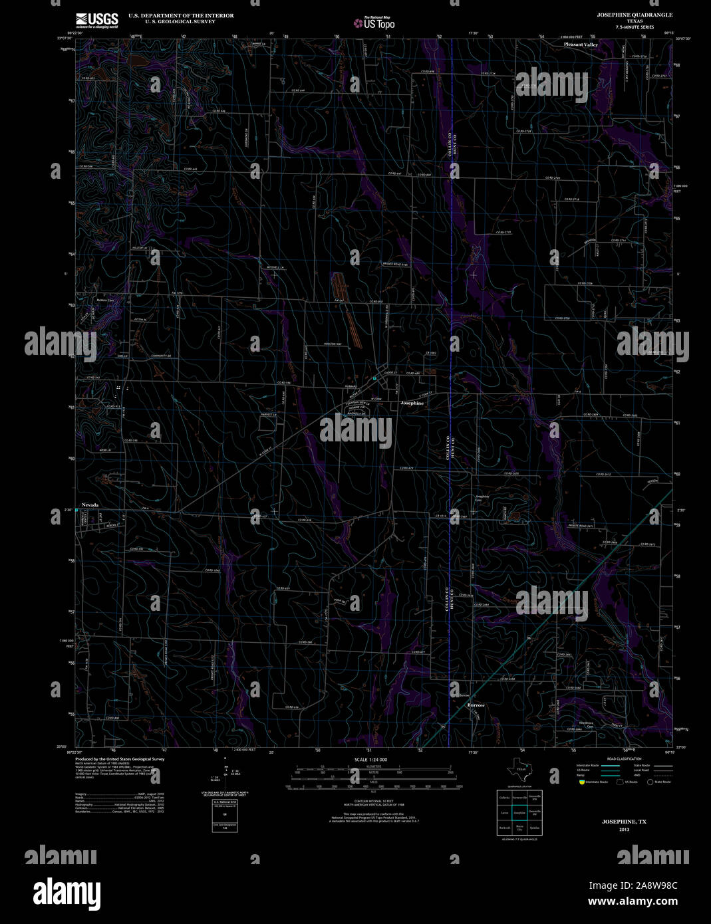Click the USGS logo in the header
(x=96, y=20)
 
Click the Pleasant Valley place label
(x=581, y=45)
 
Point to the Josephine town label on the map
(x=412, y=403)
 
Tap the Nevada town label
(x=90, y=505)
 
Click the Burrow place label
(x=476, y=705)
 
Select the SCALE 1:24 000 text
(x=370, y=759)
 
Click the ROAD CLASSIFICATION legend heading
(x=625, y=758)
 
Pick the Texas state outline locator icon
(x=519, y=769)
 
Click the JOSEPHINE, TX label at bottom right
(x=624, y=822)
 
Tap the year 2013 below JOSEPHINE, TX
(x=624, y=829)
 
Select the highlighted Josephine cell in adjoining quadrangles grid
(x=519, y=812)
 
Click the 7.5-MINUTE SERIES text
(x=635, y=27)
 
